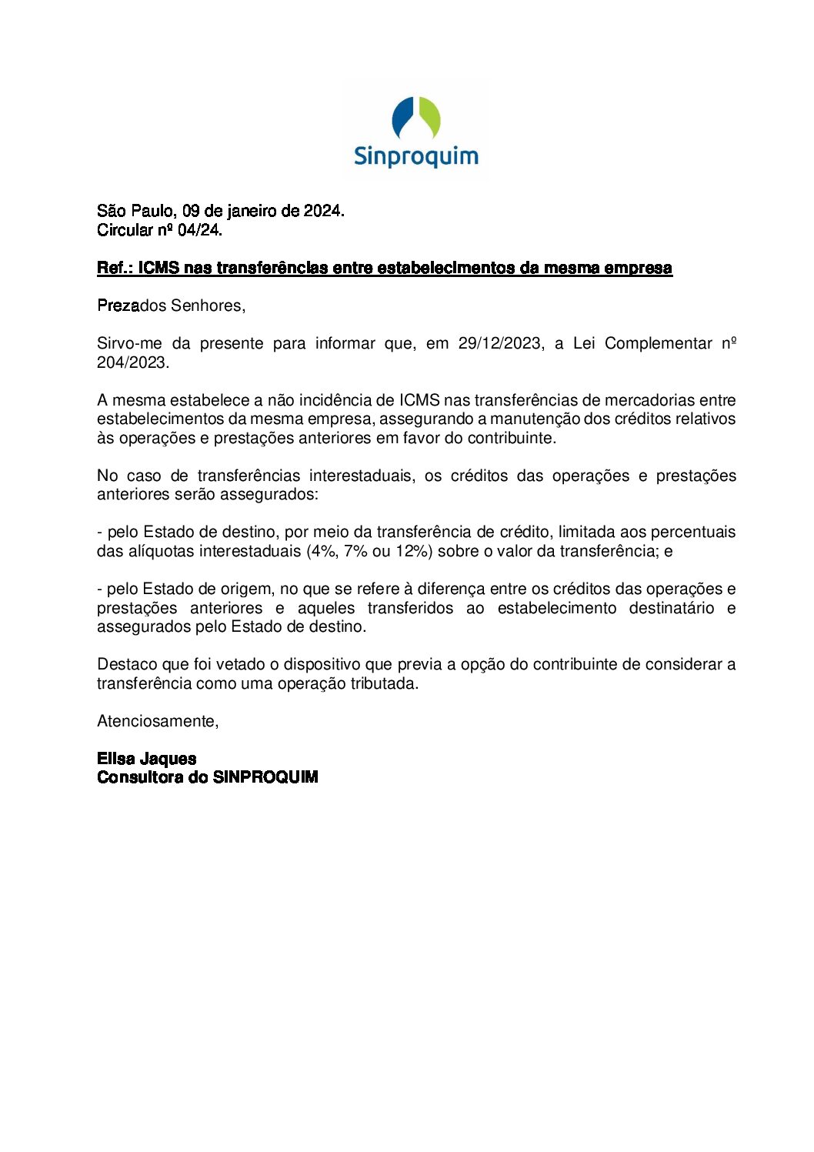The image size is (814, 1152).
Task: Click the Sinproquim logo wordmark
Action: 415,156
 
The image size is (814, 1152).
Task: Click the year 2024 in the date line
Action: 323,211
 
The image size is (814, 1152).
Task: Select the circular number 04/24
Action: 199,230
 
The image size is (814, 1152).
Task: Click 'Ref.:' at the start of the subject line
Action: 115,268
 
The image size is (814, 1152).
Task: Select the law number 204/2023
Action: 132,362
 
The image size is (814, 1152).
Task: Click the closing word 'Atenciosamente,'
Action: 158,721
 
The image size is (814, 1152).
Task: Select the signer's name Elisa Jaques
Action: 146,759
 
